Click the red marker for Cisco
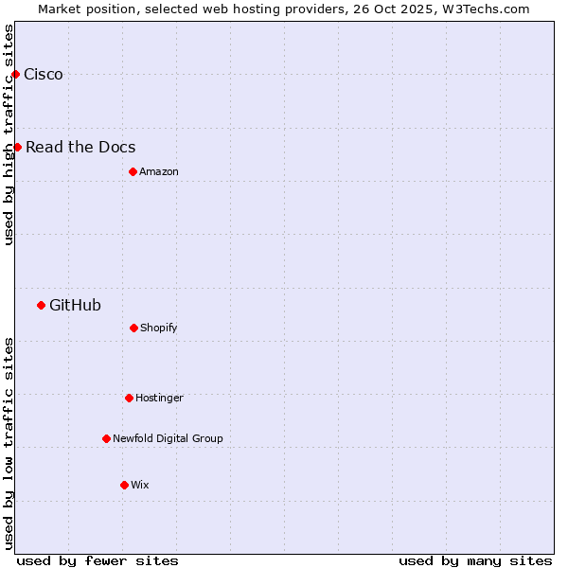15,74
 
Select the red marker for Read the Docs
17,147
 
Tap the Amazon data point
133,171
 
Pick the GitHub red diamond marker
41,305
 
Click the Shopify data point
133,328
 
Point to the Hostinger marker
129,398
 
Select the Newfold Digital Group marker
106,438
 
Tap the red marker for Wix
124,485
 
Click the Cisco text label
44,75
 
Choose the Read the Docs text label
80,147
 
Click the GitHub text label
75,305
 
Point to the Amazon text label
159,171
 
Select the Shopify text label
159,328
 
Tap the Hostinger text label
159,398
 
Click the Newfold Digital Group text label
168,438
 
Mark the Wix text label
140,485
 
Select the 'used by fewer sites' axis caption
98,560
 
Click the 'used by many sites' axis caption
475,560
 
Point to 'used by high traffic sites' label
9,134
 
